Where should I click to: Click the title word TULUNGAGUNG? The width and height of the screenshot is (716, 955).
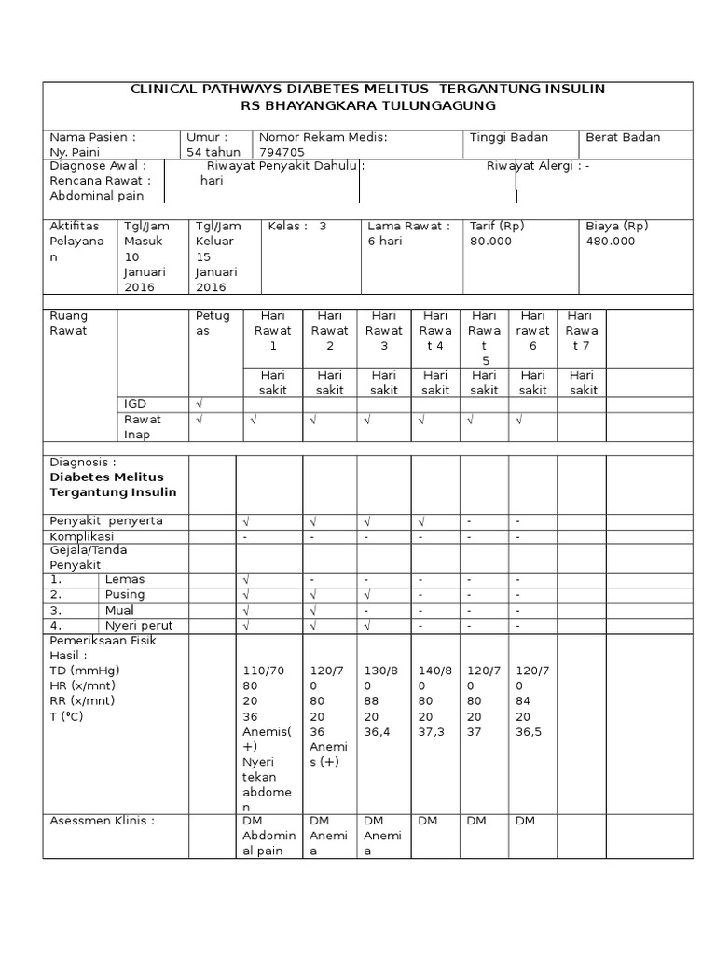451,106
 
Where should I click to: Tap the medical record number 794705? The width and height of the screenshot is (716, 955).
281,152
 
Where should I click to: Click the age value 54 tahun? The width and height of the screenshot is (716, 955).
213,152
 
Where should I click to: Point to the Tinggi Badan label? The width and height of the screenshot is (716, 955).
509,137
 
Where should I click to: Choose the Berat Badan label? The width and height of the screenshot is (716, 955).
623,137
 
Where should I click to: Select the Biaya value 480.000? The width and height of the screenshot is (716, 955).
611,241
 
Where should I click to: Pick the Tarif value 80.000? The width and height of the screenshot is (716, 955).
491,241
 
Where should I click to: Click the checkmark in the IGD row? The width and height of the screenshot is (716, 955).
199,403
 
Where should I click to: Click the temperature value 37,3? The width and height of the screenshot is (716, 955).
433,732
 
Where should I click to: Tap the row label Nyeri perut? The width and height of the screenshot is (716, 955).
139,625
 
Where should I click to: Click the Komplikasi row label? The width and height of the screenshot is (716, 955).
81,537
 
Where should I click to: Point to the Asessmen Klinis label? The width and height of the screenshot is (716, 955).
102,821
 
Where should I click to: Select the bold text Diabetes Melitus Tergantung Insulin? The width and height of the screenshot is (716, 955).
112,484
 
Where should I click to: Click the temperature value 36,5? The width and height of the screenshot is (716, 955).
530,732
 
